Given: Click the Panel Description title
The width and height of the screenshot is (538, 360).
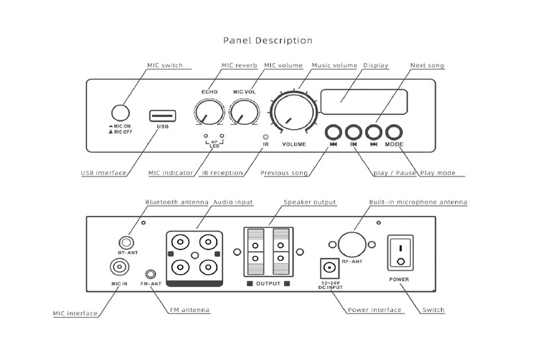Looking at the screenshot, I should coord(268,41).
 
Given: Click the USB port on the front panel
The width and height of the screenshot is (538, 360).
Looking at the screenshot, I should coord(163,115).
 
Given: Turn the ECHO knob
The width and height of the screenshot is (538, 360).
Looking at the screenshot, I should coord(208,112).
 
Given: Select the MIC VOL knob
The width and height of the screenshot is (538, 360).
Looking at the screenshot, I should coord(245,112).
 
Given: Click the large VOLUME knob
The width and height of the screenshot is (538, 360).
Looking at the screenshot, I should coord(293,114).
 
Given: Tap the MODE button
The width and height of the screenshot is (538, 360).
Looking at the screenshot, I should coord(394,132).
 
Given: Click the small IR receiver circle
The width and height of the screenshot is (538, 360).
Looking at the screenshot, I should coord(266,135).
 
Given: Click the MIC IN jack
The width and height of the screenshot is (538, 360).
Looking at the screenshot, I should coord(119,268).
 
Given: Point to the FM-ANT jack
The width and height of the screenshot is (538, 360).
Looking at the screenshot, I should coord(151,274).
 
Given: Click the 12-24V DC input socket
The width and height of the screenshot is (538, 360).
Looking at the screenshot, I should coord(329,270).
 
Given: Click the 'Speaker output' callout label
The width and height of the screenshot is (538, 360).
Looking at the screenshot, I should coord(310,203).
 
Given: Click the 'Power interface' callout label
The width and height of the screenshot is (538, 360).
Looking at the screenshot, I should coord(374,311).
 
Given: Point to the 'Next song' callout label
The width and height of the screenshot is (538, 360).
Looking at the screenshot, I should coord(427,66).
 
